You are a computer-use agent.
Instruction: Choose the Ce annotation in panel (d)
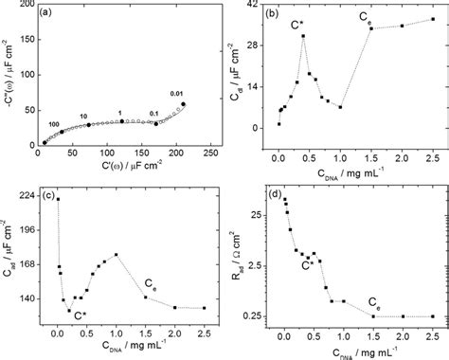[375, 309]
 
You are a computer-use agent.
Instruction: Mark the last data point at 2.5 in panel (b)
[432, 19]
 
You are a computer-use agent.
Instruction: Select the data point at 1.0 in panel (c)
[116, 254]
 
